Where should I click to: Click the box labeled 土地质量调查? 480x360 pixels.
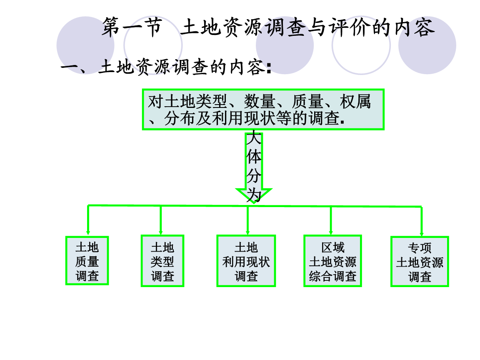[87, 261]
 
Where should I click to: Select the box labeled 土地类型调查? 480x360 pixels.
[162, 261]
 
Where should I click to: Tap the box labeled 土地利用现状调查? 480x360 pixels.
[246, 261]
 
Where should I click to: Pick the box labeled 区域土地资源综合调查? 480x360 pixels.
[332, 261]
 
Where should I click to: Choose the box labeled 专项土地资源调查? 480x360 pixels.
[420, 262]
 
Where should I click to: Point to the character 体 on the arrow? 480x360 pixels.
[254, 157]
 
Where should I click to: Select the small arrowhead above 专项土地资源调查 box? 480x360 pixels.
[422, 234]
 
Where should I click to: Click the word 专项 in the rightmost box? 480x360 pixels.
[420, 248]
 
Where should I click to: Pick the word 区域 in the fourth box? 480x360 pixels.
[332, 247]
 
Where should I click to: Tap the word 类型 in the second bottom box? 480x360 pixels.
[162, 262]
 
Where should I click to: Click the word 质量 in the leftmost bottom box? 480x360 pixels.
[87, 262]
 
